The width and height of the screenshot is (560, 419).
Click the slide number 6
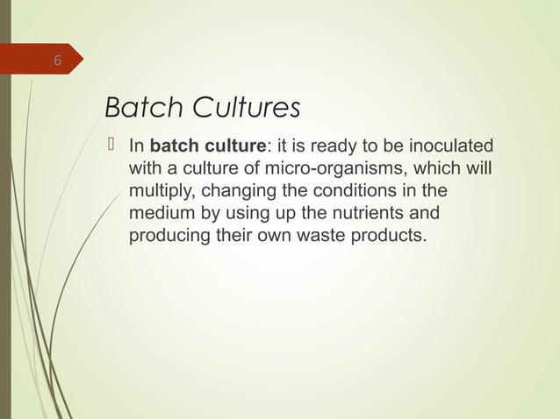(x=57, y=61)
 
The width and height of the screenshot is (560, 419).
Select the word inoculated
(x=450, y=145)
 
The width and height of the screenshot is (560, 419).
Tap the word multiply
(x=159, y=190)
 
